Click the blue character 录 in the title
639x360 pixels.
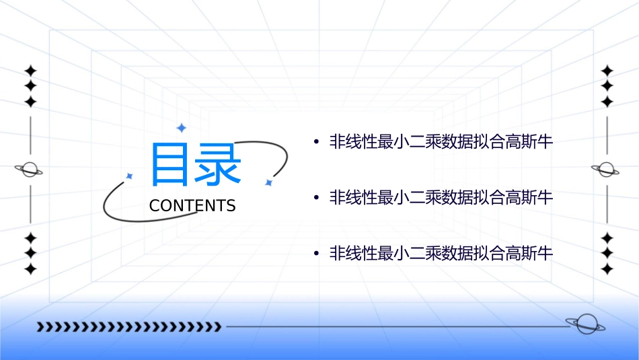pos(217,164)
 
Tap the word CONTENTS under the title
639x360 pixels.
pos(192,206)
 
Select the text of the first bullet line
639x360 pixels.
pos(441,142)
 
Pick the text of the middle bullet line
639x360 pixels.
pos(441,198)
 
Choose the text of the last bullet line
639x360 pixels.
pos(441,254)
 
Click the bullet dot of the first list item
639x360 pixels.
pos(315,143)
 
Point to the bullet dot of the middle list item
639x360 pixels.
pos(315,199)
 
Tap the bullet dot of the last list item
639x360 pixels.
pos(315,254)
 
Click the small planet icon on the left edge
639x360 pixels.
pos(30,170)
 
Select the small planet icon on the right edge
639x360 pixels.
pos(606,170)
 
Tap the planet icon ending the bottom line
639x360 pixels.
pos(585,324)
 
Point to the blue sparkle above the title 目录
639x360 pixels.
pos(181,128)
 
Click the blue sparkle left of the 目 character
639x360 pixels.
pos(129,176)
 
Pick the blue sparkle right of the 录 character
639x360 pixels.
pos(268,182)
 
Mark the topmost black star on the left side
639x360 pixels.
pos(30,71)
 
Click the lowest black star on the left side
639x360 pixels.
pos(30,269)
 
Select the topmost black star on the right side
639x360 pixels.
pos(607,71)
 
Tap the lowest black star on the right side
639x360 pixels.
pos(607,269)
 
